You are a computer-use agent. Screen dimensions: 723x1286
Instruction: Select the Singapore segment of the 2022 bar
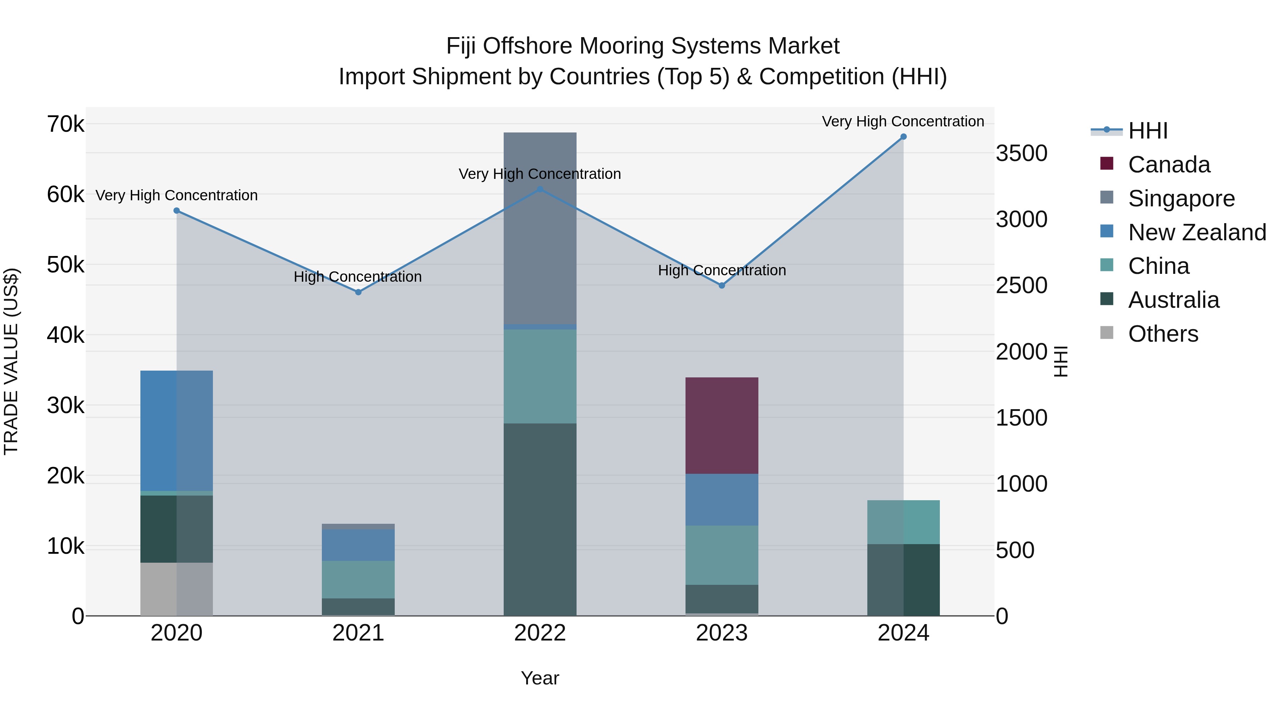(x=540, y=228)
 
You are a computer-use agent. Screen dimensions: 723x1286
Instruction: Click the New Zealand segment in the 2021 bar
(x=358, y=545)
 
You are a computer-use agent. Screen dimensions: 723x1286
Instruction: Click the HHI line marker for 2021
(x=358, y=292)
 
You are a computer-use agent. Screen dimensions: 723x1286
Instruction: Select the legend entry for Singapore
(x=1181, y=199)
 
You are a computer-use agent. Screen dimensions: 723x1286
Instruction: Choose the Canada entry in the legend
(x=1169, y=165)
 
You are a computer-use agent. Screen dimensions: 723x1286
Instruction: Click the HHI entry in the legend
(x=1148, y=131)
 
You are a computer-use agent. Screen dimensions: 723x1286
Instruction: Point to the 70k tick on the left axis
(x=65, y=124)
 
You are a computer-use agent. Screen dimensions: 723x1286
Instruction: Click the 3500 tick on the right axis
(x=1021, y=153)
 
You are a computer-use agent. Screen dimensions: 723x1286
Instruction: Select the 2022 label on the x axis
(x=540, y=633)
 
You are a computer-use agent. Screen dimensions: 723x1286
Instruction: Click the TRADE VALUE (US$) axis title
(x=11, y=361)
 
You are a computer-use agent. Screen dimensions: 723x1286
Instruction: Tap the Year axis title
(x=540, y=678)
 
